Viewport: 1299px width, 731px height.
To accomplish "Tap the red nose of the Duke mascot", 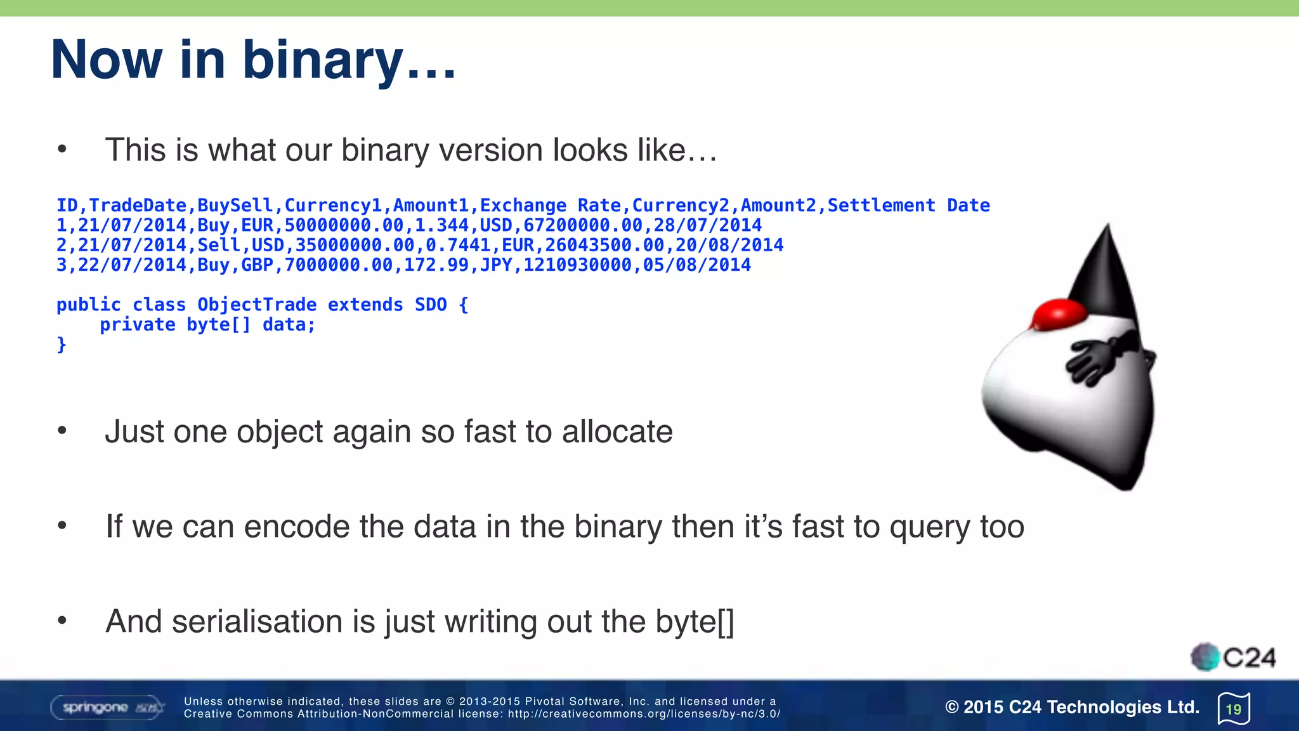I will (1060, 315).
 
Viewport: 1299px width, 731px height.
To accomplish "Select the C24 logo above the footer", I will (1233, 657).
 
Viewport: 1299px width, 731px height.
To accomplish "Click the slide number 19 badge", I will (1234, 709).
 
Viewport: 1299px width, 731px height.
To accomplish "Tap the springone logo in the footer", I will (107, 707).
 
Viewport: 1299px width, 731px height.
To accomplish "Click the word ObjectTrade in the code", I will (257, 305).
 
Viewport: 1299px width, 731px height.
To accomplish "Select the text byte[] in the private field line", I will (219, 324).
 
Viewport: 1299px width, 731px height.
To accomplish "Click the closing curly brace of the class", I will (62, 345).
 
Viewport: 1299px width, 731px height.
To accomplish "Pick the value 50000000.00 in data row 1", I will (344, 225).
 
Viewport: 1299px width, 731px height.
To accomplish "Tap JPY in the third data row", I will (496, 265).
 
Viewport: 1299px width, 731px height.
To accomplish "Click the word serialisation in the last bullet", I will (257, 621).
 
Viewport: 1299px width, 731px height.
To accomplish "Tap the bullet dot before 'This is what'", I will (62, 150).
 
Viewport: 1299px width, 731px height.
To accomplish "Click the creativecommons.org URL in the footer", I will (644, 714).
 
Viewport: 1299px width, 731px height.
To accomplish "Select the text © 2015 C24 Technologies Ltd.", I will (1072, 707).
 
